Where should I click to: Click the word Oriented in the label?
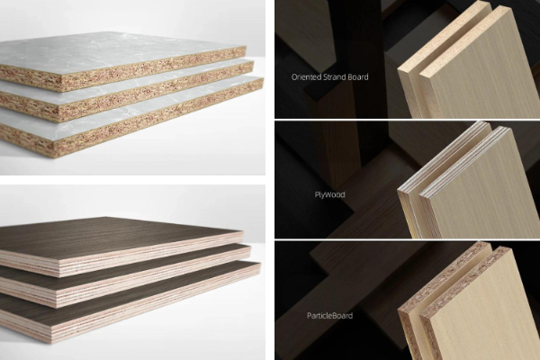[305, 76]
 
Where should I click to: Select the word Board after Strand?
[358, 76]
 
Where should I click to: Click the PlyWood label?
[329, 194]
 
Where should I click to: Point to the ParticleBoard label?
[329, 316]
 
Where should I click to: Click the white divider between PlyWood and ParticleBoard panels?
[408, 239]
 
